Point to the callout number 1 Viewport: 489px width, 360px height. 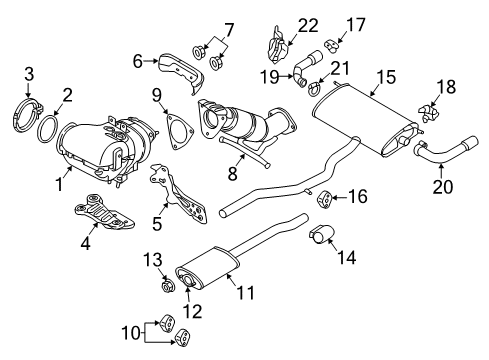[x=62, y=184]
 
